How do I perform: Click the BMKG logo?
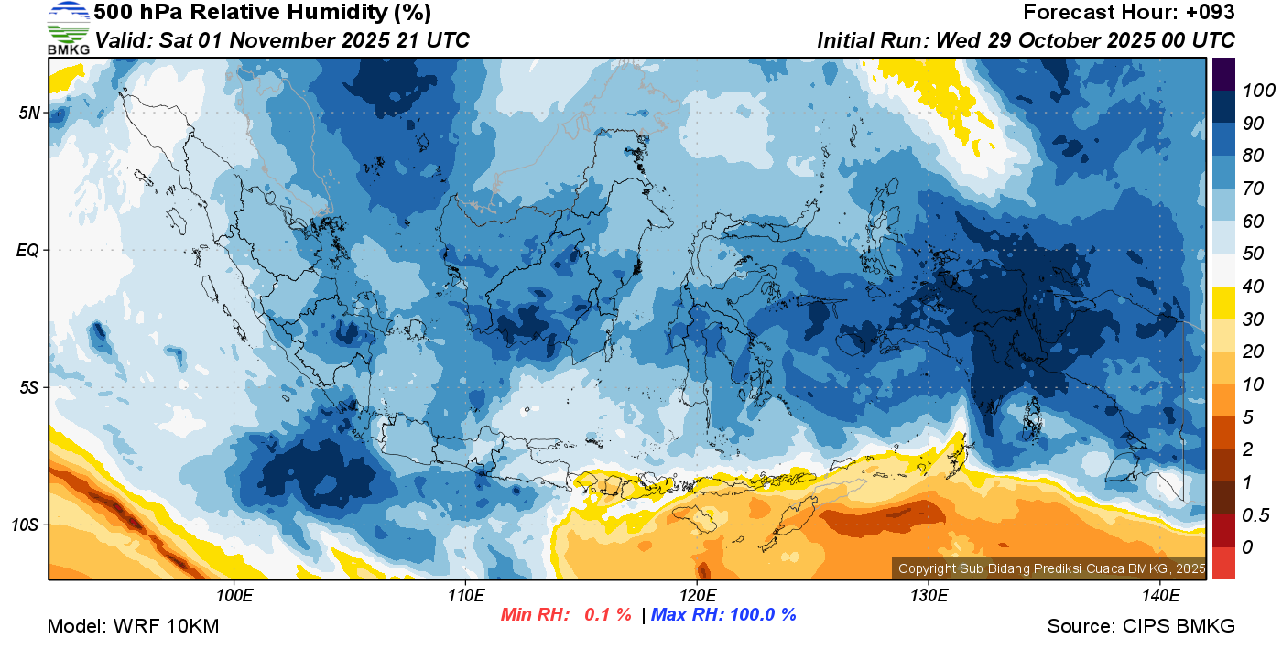pos(68,27)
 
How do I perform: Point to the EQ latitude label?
pos(29,250)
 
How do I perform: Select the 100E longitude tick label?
pos(234,595)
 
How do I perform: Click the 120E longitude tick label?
pos(698,595)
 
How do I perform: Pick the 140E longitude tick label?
pos(1160,595)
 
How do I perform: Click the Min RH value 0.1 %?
pos(607,615)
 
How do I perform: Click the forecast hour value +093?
pos(1210,13)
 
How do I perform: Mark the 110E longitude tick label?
pos(466,595)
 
